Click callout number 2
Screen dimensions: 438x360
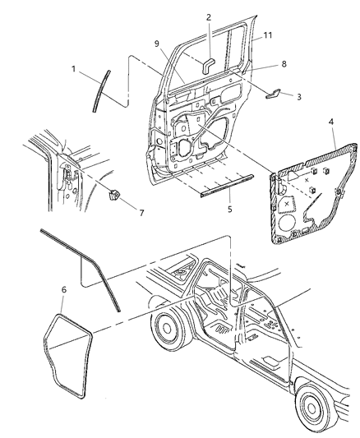(x=208, y=16)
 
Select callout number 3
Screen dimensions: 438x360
(x=298, y=97)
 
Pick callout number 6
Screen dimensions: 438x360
(x=63, y=290)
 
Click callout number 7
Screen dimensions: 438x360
(x=141, y=213)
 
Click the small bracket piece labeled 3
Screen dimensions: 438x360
(x=275, y=95)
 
